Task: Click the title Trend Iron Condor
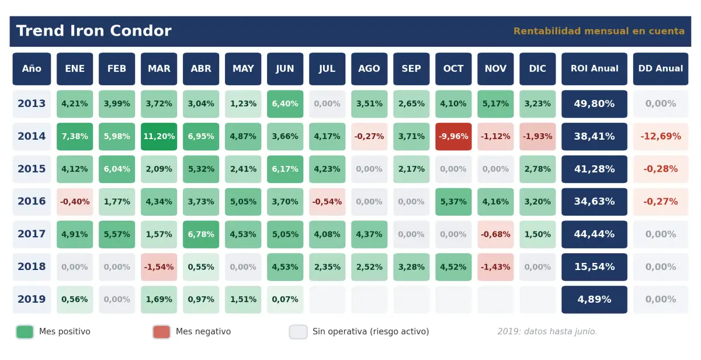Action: (x=94, y=30)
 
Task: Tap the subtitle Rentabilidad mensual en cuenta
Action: (x=599, y=31)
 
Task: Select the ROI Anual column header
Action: (x=594, y=68)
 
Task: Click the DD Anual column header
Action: (x=661, y=68)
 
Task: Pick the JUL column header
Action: (x=327, y=68)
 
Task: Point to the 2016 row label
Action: (x=32, y=201)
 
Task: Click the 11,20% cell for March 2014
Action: (x=159, y=137)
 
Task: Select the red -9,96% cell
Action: (x=453, y=137)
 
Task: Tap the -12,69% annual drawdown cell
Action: (x=661, y=137)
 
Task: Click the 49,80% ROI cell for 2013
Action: (x=594, y=104)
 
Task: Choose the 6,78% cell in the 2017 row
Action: (x=201, y=234)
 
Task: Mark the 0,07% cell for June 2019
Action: (x=285, y=300)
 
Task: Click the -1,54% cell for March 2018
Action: (x=159, y=267)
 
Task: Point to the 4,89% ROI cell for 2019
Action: (x=594, y=300)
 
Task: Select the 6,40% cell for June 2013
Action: (x=285, y=104)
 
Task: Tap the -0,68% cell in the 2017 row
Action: (x=495, y=234)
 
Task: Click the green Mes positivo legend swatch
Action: (x=25, y=332)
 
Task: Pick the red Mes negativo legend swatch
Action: (x=161, y=332)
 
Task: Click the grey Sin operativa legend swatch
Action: (x=299, y=332)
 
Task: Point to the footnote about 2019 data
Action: (x=547, y=331)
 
